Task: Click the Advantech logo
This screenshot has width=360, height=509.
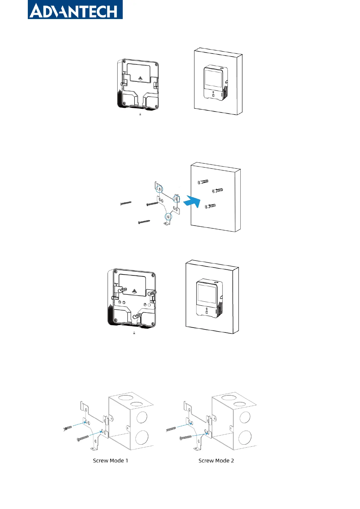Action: click(75, 10)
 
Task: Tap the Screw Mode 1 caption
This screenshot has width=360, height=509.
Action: click(110, 461)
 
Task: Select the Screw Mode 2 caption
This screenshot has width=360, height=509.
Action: click(216, 461)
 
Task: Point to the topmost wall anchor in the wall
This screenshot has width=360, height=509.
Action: click(203, 182)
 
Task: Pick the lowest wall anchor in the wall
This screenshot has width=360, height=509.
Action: click(210, 206)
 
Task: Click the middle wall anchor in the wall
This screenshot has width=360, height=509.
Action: click(217, 190)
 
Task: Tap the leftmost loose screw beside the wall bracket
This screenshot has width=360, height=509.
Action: click(126, 203)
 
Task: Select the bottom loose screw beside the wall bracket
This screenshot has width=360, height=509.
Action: click(144, 222)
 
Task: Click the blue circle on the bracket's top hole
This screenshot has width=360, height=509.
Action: click(159, 189)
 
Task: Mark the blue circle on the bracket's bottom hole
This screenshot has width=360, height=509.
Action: click(168, 216)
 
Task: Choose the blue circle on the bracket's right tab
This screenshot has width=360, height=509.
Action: click(177, 199)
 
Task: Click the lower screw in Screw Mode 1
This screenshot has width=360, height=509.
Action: click(83, 438)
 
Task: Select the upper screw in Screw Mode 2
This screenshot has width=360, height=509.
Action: click(171, 429)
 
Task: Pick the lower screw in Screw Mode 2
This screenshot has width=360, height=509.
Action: click(185, 437)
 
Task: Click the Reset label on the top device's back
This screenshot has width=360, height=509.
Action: click(125, 72)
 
